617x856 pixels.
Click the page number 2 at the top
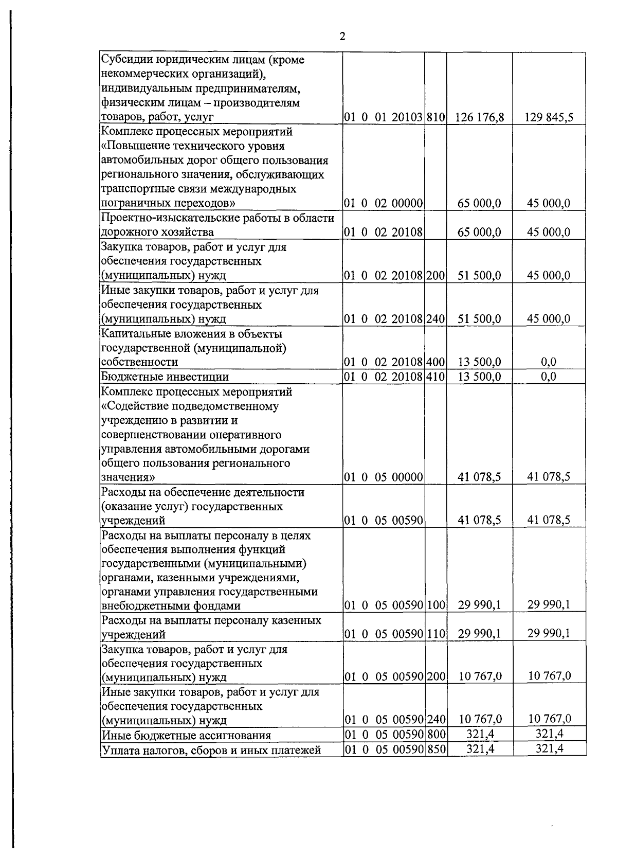pyautogui.click(x=342, y=37)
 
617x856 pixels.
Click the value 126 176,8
pyautogui.click(x=480, y=117)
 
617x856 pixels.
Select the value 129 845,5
pyautogui.click(x=549, y=117)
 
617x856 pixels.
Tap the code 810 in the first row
pyautogui.click(x=435, y=117)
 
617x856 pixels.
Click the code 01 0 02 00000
pyautogui.click(x=384, y=203)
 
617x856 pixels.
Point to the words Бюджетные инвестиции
pyautogui.click(x=165, y=377)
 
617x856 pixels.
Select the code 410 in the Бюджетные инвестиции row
pyautogui.click(x=435, y=377)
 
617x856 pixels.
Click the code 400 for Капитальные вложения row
pyautogui.click(x=435, y=362)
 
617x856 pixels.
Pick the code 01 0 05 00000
pyautogui.click(x=384, y=477)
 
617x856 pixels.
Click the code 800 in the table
pyautogui.click(x=435, y=734)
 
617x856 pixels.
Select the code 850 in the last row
pyautogui.click(x=435, y=749)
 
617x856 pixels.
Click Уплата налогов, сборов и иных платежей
pyautogui.click(x=211, y=750)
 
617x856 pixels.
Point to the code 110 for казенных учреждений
pyautogui.click(x=435, y=634)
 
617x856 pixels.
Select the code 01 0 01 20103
pyautogui.click(x=384, y=117)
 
